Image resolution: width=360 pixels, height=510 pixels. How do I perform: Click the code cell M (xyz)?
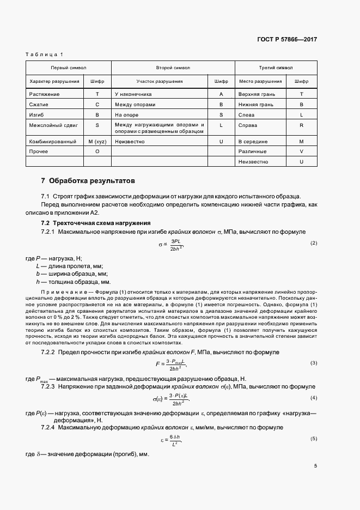(x=97, y=141)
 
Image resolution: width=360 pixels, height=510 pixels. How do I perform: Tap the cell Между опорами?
(x=135, y=104)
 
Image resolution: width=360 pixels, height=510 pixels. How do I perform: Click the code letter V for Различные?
(x=301, y=151)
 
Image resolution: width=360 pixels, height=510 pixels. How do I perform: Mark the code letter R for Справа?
(x=301, y=125)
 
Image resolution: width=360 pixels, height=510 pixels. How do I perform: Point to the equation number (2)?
(x=313, y=242)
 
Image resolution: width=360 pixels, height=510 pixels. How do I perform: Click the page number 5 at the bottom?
(x=315, y=466)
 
